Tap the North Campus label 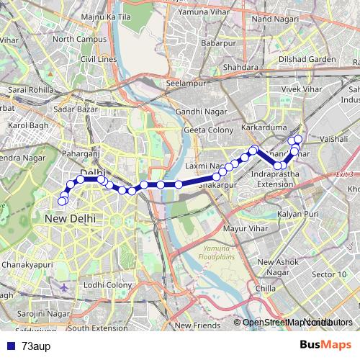73,39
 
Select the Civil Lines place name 98,59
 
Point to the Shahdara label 241,68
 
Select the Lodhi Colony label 107,285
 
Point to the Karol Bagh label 27,125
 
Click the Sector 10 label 330,274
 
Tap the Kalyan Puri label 298,215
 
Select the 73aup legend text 35,345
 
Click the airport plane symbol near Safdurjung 65,287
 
